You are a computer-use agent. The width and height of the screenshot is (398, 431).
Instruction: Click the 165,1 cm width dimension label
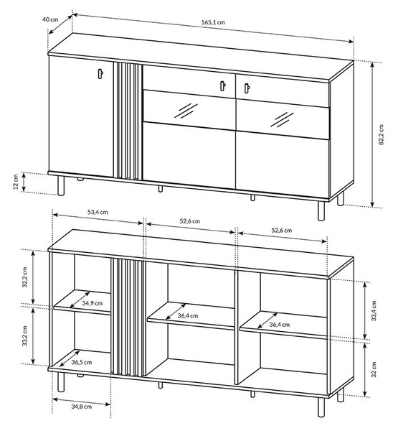click(213, 22)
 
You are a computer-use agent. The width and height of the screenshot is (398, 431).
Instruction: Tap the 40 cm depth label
click(50, 19)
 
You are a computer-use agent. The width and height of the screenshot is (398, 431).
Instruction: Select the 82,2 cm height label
click(381, 134)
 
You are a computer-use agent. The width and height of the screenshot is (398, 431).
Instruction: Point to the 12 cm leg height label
click(16, 182)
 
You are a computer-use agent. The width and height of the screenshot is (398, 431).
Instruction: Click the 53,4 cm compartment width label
click(98, 212)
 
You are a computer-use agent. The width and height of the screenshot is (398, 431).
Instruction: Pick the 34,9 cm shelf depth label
click(93, 303)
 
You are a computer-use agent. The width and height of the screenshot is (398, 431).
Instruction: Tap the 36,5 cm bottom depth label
click(82, 362)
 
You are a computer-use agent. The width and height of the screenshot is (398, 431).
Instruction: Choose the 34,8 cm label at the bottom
click(82, 407)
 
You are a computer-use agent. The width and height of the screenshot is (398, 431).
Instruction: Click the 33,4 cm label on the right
click(374, 310)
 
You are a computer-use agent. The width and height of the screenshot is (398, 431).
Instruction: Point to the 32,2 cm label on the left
click(25, 277)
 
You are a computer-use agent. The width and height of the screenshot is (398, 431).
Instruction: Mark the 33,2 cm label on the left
click(25, 336)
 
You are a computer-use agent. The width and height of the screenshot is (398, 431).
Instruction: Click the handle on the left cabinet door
click(100, 74)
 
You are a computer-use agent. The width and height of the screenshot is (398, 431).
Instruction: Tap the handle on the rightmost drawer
click(247, 88)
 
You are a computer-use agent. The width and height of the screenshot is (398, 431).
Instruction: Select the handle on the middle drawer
click(223, 85)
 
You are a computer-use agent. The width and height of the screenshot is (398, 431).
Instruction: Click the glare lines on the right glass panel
click(282, 119)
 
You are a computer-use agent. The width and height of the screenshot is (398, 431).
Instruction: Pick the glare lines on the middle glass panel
click(186, 111)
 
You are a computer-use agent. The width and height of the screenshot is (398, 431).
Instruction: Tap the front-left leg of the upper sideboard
click(61, 185)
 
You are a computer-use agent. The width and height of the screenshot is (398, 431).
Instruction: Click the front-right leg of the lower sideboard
click(321, 406)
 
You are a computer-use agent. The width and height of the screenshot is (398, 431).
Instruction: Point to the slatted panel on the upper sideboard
click(128, 121)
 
